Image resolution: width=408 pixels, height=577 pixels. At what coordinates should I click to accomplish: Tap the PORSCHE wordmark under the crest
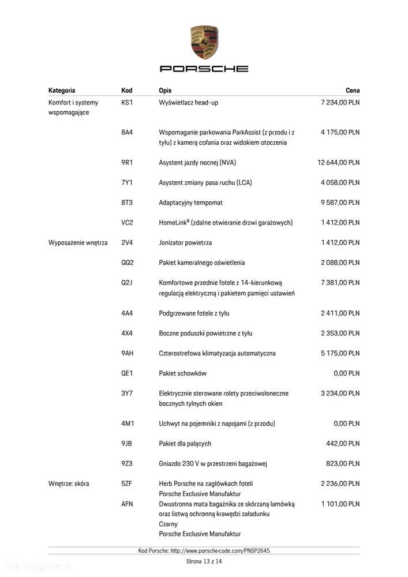[204, 69]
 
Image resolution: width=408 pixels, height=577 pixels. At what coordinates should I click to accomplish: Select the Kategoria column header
[62, 91]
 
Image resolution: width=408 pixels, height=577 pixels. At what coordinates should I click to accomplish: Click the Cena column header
[352, 91]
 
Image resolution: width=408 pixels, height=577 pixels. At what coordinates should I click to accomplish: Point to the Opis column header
[165, 91]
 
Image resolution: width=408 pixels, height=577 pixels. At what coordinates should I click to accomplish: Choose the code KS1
[127, 103]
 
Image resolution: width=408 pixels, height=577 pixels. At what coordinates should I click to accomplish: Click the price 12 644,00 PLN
[338, 163]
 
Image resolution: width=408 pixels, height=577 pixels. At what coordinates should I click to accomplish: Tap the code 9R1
[127, 163]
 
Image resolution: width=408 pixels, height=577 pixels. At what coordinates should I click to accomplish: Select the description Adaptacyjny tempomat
[190, 203]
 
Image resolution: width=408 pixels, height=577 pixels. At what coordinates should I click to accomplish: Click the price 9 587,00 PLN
[340, 203]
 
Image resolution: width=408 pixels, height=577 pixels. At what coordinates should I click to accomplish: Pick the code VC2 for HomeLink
[127, 223]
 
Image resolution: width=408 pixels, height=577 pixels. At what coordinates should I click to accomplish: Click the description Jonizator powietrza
[185, 243]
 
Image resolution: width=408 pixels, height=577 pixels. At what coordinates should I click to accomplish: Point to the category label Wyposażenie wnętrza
[78, 243]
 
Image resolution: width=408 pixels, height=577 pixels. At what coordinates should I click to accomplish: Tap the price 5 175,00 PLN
[340, 353]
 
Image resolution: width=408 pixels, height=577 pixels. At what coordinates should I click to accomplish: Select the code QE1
[127, 373]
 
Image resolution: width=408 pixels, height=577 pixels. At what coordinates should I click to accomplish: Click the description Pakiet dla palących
[185, 444]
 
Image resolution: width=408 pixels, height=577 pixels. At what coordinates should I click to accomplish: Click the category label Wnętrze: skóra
[69, 484]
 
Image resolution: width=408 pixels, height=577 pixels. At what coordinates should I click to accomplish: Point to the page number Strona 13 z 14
[204, 561]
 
